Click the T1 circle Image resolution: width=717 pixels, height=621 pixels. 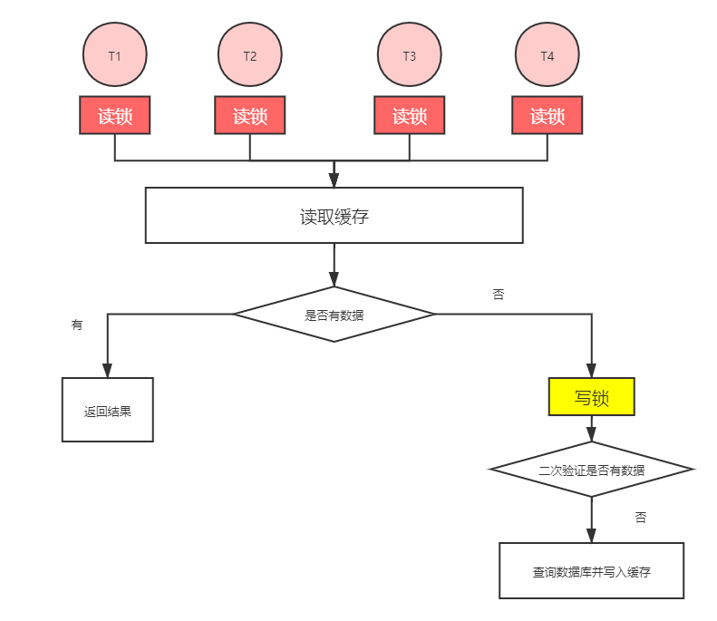coord(114,55)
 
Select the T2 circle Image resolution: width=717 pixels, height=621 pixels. coord(250,55)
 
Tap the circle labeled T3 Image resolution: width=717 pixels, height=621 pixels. coord(410,55)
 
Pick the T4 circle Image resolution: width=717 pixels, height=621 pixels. coord(547,55)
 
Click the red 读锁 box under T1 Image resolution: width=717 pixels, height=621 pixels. coord(114,116)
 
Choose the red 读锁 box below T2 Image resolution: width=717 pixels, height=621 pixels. coord(250,116)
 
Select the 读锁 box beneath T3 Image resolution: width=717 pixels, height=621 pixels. coord(410,116)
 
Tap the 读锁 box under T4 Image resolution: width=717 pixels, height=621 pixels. coord(547,116)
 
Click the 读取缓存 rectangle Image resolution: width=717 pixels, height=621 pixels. coord(334,216)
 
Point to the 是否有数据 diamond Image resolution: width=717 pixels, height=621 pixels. coord(334,315)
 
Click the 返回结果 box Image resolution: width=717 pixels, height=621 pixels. coord(108,411)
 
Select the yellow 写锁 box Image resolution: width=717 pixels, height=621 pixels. coord(592,397)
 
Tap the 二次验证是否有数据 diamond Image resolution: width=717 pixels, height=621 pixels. coord(592,470)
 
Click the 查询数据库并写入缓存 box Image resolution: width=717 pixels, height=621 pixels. coord(592,571)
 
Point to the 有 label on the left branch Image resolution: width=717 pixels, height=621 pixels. coord(77,325)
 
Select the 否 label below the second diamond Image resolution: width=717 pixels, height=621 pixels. coord(641,518)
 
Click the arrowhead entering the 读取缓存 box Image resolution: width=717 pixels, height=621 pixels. coord(334,180)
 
